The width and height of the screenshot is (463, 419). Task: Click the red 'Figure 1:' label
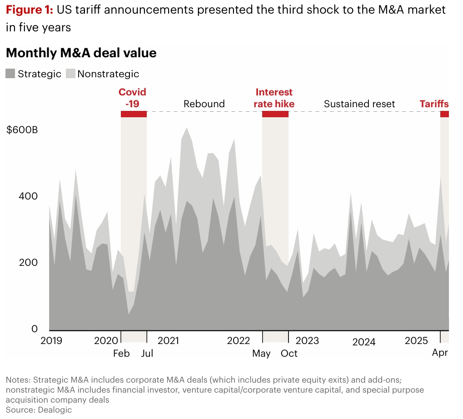click(x=29, y=10)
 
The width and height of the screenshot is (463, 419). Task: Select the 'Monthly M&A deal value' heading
click(x=81, y=53)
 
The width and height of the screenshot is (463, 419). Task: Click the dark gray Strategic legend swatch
click(x=10, y=74)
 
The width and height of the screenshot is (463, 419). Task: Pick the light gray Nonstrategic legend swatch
click(x=70, y=74)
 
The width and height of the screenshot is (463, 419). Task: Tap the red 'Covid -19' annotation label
click(x=132, y=98)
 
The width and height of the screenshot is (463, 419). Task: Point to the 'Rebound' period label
click(x=204, y=104)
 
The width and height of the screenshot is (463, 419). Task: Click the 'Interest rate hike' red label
click(x=274, y=98)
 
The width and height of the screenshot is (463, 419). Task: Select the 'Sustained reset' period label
click(x=359, y=104)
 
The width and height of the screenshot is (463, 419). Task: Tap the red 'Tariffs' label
click(x=434, y=104)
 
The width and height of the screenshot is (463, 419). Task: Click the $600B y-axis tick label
click(x=22, y=130)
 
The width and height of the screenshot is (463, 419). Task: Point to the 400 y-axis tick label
click(x=28, y=197)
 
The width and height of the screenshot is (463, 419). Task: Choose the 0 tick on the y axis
click(x=34, y=329)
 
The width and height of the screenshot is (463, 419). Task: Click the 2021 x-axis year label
click(x=168, y=341)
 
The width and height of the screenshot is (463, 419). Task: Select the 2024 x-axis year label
click(x=363, y=342)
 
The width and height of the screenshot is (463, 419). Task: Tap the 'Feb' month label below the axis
click(x=121, y=354)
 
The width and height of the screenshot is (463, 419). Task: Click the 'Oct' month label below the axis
click(x=289, y=354)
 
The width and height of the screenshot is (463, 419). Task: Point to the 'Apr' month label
click(x=440, y=353)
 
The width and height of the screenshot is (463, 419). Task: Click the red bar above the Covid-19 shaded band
click(x=134, y=114)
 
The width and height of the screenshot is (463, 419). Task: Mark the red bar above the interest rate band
click(x=275, y=114)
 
